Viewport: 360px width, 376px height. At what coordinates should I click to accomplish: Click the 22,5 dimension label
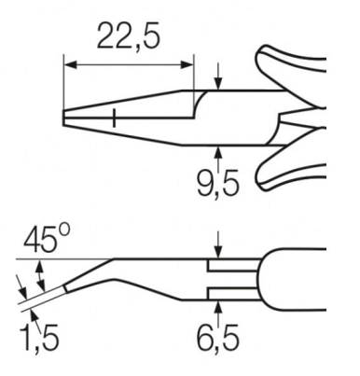pos(129,35)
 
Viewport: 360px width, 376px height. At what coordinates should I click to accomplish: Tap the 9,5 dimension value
pos(218,184)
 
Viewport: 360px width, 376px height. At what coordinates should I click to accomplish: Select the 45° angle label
pos(47,238)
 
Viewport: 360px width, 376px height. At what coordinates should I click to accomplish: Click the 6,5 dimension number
pos(218,338)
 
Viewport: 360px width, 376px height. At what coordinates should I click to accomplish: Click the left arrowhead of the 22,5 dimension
pos(70,65)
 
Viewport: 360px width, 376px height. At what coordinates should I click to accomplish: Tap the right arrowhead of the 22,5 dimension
pos(187,65)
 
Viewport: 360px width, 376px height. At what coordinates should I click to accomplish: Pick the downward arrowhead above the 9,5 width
pos(219,84)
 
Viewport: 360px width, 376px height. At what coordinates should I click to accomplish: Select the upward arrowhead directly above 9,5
pos(219,152)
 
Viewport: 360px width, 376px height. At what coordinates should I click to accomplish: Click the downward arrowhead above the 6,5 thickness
pos(219,252)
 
